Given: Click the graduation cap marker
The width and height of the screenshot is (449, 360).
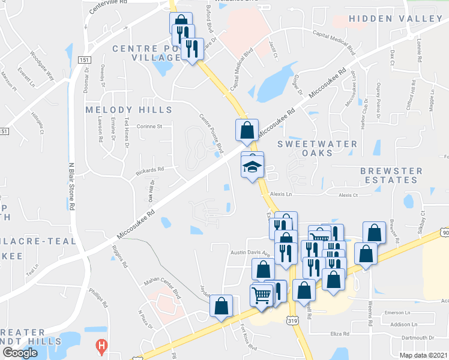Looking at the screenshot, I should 253,165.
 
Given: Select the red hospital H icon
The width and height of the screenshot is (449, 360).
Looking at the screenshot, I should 102,346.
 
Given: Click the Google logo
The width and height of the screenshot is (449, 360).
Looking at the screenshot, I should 20,353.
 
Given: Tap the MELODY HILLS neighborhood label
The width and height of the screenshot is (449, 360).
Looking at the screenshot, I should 128,110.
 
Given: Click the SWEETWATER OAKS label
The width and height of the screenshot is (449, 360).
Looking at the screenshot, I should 318,149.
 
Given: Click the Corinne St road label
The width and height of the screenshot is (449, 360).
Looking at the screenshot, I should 150,127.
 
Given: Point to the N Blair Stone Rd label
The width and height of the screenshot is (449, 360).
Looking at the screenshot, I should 71,186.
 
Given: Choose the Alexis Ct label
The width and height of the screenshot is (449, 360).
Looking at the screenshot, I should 348,195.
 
